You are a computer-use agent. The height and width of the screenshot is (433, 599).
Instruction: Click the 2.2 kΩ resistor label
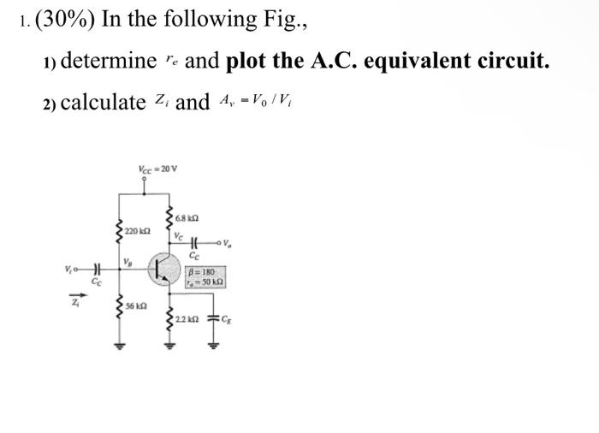click(x=187, y=320)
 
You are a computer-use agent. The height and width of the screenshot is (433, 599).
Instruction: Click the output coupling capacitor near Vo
click(x=193, y=243)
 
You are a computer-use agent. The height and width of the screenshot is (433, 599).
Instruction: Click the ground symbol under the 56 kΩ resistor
click(x=119, y=348)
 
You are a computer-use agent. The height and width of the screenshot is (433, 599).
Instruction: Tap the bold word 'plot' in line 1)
click(x=250, y=61)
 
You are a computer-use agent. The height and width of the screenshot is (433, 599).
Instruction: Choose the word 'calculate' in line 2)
click(x=104, y=103)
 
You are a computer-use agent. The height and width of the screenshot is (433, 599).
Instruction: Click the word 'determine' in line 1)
click(x=109, y=61)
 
